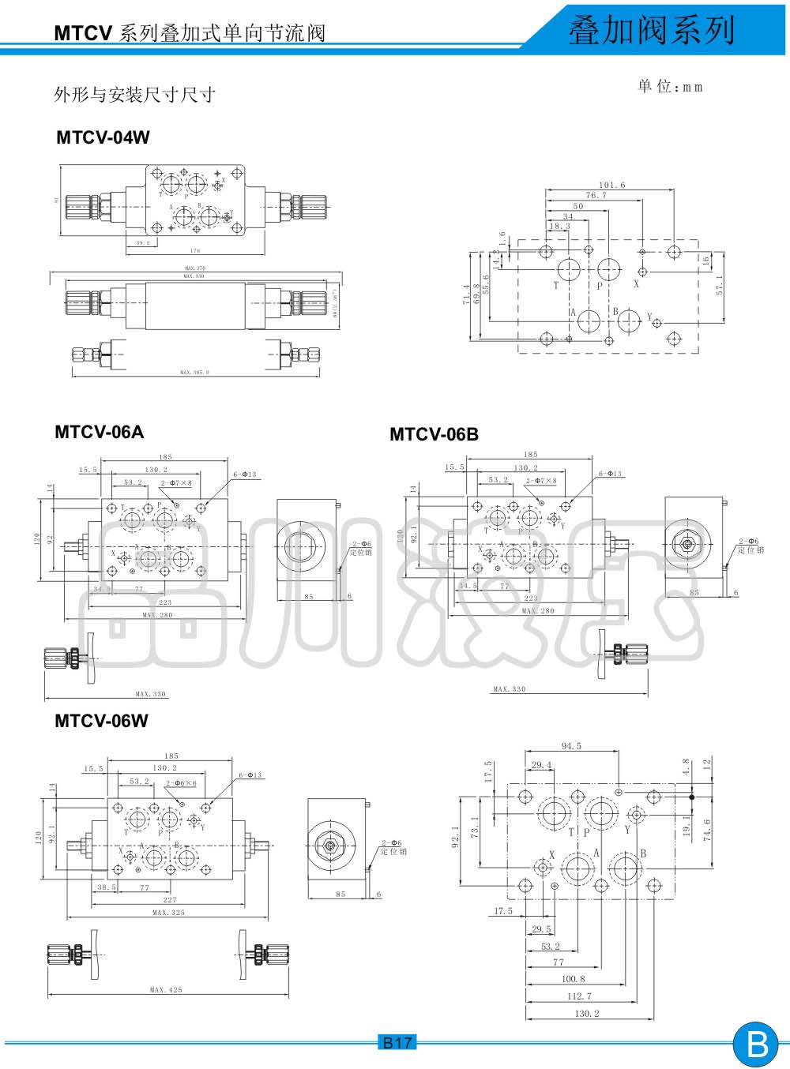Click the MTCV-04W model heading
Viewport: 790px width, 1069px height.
tap(103, 137)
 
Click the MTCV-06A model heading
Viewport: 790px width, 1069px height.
tap(100, 432)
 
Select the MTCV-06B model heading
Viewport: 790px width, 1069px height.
tap(434, 434)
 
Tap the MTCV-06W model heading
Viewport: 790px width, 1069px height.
tap(101, 721)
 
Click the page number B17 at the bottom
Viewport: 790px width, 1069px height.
tap(397, 1043)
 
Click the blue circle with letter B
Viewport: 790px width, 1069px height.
tap(756, 1045)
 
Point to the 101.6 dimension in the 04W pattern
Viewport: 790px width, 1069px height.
tap(611, 185)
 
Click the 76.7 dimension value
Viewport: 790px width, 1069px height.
tap(596, 195)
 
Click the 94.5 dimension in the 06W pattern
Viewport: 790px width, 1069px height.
tap(571, 746)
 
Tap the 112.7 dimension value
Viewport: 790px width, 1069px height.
tap(579, 996)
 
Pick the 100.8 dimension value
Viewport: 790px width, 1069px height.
tap(574, 979)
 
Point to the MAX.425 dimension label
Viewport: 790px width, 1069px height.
tap(166, 989)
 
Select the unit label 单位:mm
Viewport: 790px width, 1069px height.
tap(670, 87)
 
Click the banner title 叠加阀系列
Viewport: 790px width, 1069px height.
tap(652, 31)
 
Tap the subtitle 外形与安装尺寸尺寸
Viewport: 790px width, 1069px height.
tap(134, 96)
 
